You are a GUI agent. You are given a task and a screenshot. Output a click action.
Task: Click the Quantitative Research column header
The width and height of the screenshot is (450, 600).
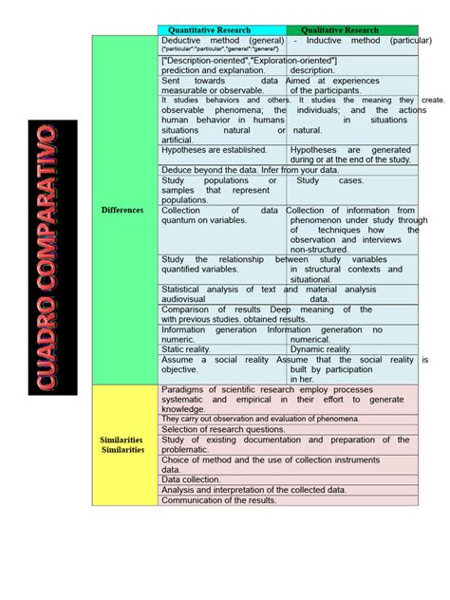tap(222, 30)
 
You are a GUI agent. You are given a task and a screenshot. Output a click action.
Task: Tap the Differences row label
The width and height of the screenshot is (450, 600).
tap(123, 210)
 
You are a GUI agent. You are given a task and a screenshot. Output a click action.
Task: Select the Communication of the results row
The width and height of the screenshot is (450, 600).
tap(219, 500)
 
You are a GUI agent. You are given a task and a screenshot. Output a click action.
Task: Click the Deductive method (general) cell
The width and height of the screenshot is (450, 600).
tap(222, 42)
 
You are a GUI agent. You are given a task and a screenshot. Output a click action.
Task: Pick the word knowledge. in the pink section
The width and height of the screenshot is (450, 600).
tap(183, 409)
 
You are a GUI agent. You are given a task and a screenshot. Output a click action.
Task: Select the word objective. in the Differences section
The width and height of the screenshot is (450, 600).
tap(180, 369)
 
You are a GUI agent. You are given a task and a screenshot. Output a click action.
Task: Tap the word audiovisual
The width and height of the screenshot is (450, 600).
tap(189, 298)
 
